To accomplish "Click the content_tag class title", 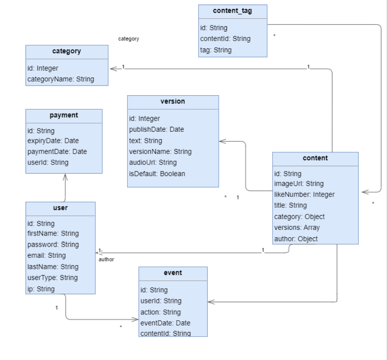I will point(233,11).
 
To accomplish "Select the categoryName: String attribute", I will point(60,79).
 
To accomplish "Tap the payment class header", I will point(64,115).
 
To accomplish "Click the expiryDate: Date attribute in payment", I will point(53,141).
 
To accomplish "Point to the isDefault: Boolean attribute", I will point(157,174).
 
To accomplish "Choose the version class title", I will point(173,101).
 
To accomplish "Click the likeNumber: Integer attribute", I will point(304,194).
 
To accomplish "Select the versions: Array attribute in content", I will point(297,227).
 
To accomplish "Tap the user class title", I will point(60,208).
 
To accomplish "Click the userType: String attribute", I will point(53,277).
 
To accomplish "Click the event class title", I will point(173,273).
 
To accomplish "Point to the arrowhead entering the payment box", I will point(65,177).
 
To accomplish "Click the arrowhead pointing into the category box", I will point(113,69).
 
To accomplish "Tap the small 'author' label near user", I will point(106,259).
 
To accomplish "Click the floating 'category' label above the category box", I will point(129,39).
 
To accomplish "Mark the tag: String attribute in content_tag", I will point(216,50).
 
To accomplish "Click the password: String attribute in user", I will point(53,244).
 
